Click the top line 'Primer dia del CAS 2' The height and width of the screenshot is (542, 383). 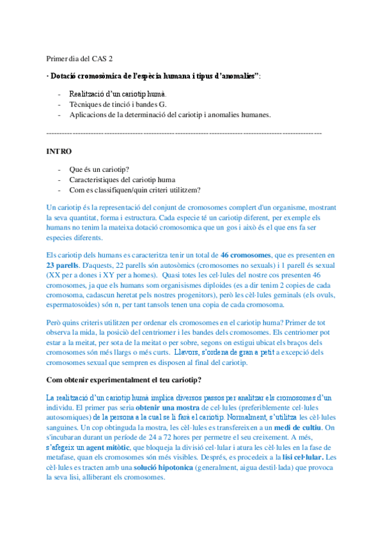point(79,58)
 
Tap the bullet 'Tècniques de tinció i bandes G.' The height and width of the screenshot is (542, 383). point(118,104)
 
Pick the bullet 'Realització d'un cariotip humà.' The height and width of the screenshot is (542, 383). point(118,94)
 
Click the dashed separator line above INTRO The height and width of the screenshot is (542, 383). point(184,132)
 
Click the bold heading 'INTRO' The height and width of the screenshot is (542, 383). point(59,151)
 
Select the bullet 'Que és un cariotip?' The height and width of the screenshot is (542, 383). point(99,169)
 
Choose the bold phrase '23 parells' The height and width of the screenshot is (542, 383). point(64,265)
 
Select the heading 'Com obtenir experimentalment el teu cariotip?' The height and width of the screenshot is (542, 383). point(124,380)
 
